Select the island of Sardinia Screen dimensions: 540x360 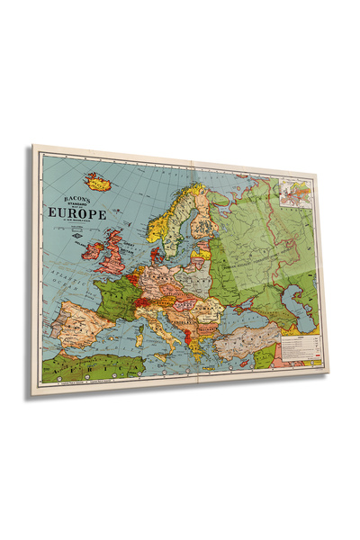[139, 335]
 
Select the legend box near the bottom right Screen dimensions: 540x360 [301, 345]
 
